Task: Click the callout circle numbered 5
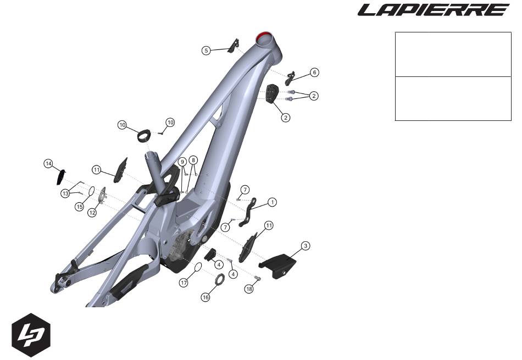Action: pyautogui.click(x=206, y=51)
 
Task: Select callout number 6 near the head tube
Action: pyautogui.click(x=314, y=72)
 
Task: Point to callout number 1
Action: pyautogui.click(x=272, y=202)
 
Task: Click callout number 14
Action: pyautogui.click(x=48, y=164)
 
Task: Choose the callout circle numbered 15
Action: pyautogui.click(x=79, y=207)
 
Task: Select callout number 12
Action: pyautogui.click(x=92, y=212)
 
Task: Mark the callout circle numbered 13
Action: pyautogui.click(x=66, y=193)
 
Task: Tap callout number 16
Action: pyautogui.click(x=206, y=297)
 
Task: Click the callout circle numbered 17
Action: pyautogui.click(x=184, y=283)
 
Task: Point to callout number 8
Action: pyautogui.click(x=193, y=160)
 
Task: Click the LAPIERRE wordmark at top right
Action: pyautogui.click(x=434, y=10)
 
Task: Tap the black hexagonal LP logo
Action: pyautogui.click(x=31, y=335)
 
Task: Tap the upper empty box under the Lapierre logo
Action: pyautogui.click(x=453, y=54)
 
